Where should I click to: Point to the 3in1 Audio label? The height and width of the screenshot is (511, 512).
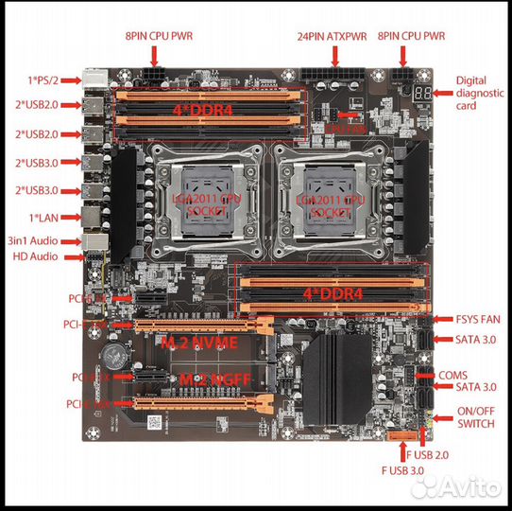click(x=33, y=240)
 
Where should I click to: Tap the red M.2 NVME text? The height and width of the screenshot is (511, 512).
click(x=198, y=342)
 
